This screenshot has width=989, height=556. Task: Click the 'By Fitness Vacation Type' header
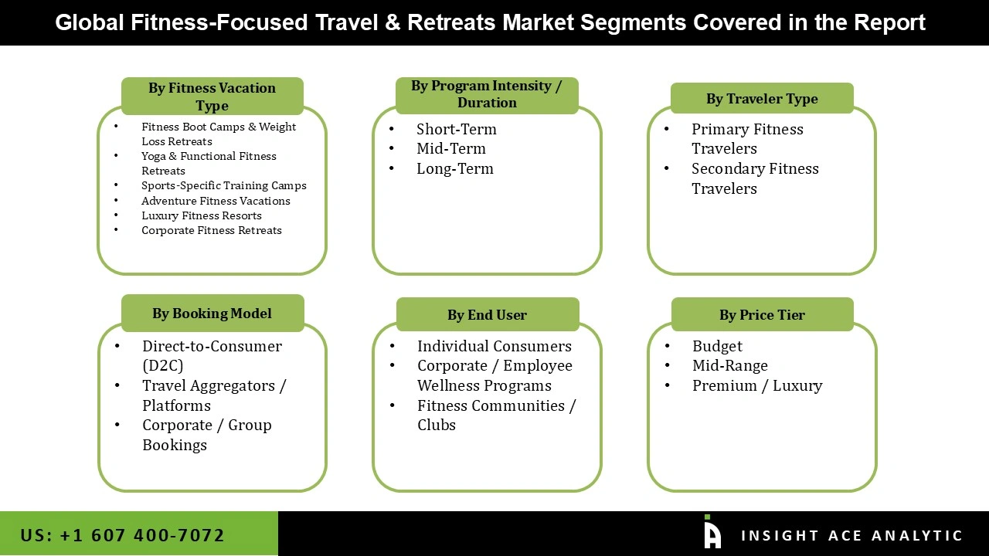point(212,97)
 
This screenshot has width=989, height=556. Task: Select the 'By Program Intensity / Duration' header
point(486,94)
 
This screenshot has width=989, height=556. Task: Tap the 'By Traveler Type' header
point(761,99)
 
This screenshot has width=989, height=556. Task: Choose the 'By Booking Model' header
point(212,314)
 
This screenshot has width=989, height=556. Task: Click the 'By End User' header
point(487,315)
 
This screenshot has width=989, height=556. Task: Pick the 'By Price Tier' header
point(761,315)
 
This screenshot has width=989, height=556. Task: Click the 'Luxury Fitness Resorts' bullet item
point(201,215)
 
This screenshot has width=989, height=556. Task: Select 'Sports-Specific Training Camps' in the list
point(223,185)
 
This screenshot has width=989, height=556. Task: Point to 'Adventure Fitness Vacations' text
point(216,201)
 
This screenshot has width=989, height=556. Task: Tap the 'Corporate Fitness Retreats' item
point(211,230)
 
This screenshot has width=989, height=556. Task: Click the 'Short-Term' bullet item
point(456,129)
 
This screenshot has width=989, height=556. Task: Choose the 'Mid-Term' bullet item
point(450,148)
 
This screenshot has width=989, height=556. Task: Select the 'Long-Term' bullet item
point(454,168)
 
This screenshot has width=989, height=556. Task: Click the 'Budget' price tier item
point(717,346)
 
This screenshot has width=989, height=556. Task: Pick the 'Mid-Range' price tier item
point(729,365)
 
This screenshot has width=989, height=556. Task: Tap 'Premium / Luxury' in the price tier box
point(756,385)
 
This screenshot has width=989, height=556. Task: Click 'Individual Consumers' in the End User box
point(494,346)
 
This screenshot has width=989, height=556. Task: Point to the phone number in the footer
point(122,535)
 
